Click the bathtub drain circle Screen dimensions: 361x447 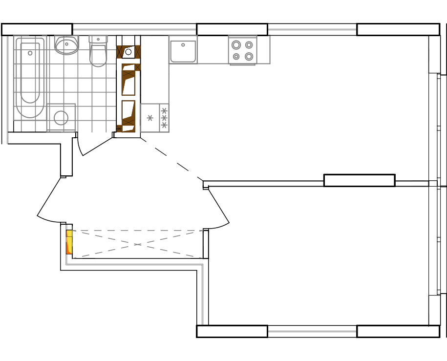[x=30, y=53]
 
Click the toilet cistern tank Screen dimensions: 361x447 [x=98, y=39]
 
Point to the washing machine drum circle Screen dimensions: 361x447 [x=61, y=118]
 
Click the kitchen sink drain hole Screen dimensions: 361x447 [x=183, y=45]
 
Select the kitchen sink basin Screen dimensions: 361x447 [x=183, y=51]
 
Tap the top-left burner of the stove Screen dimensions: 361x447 [x=236, y=45]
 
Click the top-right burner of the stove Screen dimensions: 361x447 [x=249, y=45]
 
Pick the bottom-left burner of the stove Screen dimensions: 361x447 [x=236, y=57]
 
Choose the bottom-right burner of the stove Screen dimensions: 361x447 [x=249, y=57]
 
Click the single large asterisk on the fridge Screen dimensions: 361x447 [x=150, y=118]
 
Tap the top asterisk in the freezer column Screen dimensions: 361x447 [x=164, y=111]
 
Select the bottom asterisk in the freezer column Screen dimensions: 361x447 [x=164, y=125]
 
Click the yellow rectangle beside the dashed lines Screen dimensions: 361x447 [x=69, y=242]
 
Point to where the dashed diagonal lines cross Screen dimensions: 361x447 [x=137, y=244]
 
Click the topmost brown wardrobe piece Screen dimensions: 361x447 [x=128, y=52]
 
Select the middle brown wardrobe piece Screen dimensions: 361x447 [x=129, y=79]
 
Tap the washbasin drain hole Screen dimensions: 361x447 [x=66, y=44]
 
